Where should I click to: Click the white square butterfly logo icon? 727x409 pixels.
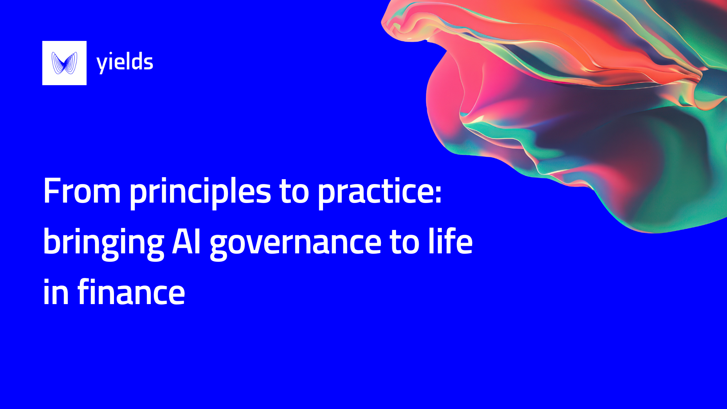coord(64,63)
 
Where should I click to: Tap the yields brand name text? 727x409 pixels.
coord(125,62)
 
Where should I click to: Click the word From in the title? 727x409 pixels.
coord(82,191)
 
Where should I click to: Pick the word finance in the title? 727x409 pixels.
coord(131,292)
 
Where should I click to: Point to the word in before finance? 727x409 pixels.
coord(56,292)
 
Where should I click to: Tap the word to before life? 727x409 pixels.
coord(404,242)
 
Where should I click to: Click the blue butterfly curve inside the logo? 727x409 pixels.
coord(64,63)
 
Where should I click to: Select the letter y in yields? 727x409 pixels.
coord(101,64)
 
